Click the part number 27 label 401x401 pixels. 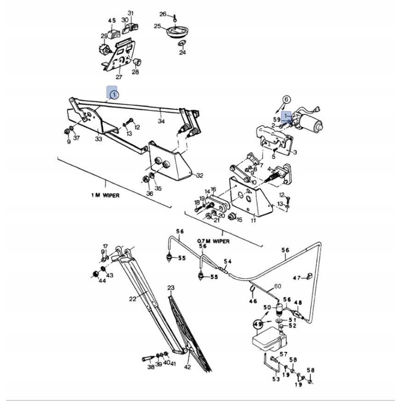coord(119,77)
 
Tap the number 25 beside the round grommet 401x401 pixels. coord(157,26)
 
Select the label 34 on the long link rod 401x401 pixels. coord(161,121)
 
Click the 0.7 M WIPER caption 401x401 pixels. coord(214,241)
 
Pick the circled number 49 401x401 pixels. coord(259,324)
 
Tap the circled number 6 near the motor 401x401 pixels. coord(286,99)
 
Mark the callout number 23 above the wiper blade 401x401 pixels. coord(170,288)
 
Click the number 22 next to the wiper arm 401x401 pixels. coord(133,299)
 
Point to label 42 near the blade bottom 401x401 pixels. coord(187,367)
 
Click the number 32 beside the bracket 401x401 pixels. coord(199,175)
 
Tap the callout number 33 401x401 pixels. coord(99,139)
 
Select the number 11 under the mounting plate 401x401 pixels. coord(254,220)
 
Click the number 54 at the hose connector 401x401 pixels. coord(228,262)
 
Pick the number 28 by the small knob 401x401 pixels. coord(135,72)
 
